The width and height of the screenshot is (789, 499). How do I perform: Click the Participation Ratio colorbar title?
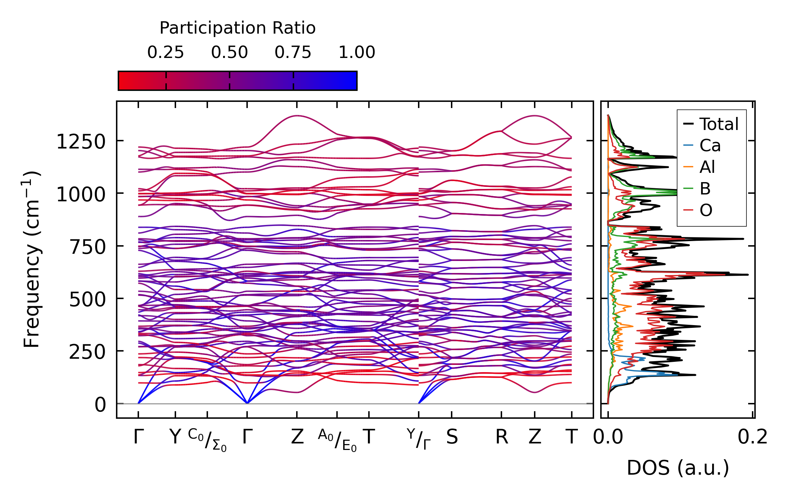pyautogui.click(x=237, y=28)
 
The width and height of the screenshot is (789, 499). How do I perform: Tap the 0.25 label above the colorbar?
pyautogui.click(x=166, y=53)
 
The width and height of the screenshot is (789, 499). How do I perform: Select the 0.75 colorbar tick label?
pyautogui.click(x=293, y=53)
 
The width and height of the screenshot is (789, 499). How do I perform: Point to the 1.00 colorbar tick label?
pyautogui.click(x=357, y=53)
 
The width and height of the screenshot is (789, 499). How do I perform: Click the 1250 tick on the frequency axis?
pyautogui.click(x=81, y=142)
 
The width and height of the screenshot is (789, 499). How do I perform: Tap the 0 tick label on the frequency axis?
pyautogui.click(x=100, y=405)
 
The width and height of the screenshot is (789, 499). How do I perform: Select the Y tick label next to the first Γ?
pyautogui.click(x=175, y=437)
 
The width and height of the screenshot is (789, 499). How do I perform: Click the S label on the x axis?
pyautogui.click(x=452, y=437)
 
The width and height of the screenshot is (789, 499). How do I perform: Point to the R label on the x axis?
pyautogui.click(x=501, y=437)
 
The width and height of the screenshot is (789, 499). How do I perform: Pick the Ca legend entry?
pyautogui.click(x=710, y=146)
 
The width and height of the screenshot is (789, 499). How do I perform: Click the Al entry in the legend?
pyautogui.click(x=707, y=167)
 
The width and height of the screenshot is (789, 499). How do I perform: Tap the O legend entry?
pyautogui.click(x=706, y=210)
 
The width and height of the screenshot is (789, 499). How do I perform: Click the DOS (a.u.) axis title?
pyautogui.click(x=678, y=468)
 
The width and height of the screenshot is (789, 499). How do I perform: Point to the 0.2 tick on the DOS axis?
pyautogui.click(x=753, y=437)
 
